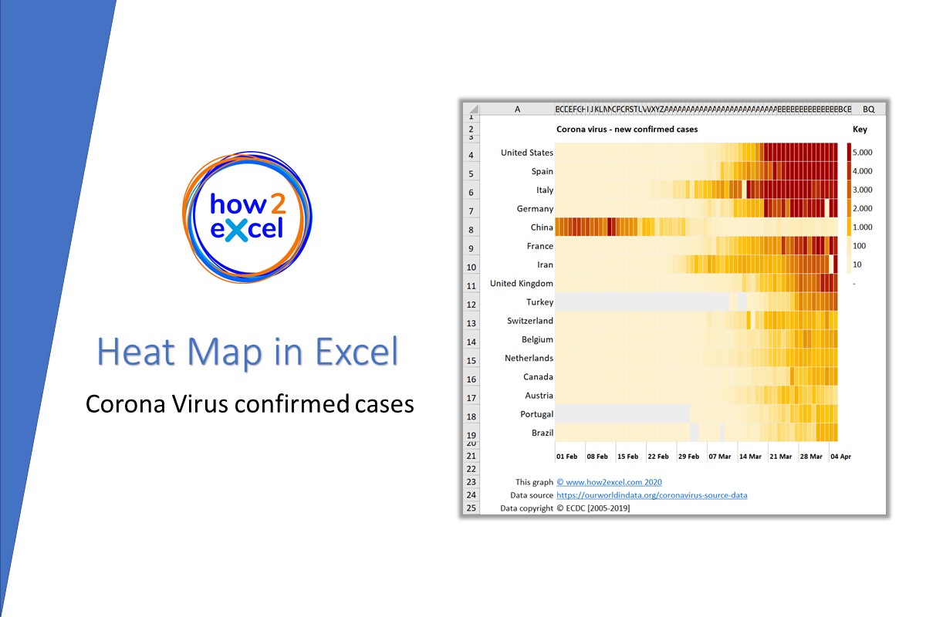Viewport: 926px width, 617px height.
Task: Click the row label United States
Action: pyautogui.click(x=526, y=153)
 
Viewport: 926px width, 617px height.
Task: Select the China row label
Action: pyautogui.click(x=541, y=228)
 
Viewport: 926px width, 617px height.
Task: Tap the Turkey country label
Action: pyautogui.click(x=539, y=302)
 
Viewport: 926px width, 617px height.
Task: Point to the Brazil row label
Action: pyautogui.click(x=542, y=433)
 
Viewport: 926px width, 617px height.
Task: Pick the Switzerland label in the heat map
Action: pyautogui.click(x=529, y=321)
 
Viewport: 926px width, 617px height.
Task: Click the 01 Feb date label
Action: pyautogui.click(x=566, y=457)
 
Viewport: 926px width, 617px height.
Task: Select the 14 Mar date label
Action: pyautogui.click(x=749, y=457)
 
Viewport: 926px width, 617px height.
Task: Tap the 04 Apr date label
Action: pyautogui.click(x=840, y=457)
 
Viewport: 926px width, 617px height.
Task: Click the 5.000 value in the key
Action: pyautogui.click(x=862, y=153)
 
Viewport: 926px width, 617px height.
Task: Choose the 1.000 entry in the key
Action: pyautogui.click(x=862, y=227)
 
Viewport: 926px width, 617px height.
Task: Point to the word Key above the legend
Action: pyautogui.click(x=860, y=130)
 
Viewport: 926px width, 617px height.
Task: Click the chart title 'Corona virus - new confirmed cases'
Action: pyautogui.click(x=627, y=130)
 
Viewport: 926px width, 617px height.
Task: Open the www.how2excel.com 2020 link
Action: pyautogui.click(x=609, y=483)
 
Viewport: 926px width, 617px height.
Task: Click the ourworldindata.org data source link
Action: pyautogui.click(x=651, y=495)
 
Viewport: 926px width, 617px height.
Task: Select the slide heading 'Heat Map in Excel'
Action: pyautogui.click(x=248, y=352)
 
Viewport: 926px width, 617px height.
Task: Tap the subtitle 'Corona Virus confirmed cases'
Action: pyautogui.click(x=249, y=403)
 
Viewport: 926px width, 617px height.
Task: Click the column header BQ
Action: pyautogui.click(x=868, y=110)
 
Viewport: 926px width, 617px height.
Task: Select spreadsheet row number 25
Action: pyautogui.click(x=471, y=508)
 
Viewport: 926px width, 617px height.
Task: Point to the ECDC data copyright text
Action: pyautogui.click(x=593, y=508)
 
